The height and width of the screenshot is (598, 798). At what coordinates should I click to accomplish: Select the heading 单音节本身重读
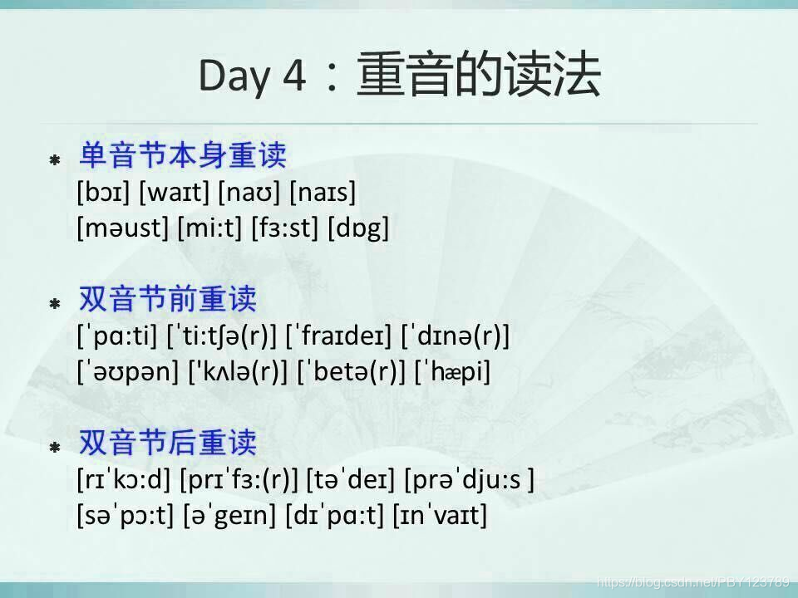click(182, 154)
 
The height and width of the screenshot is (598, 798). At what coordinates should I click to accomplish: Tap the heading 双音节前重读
click(167, 299)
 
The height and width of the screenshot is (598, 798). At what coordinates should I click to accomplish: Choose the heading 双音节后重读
click(167, 443)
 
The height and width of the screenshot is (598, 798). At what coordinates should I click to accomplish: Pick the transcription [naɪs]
click(322, 194)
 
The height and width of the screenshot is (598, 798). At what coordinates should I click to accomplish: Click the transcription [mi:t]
click(210, 228)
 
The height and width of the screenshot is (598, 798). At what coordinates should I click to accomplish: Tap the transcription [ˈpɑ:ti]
click(117, 337)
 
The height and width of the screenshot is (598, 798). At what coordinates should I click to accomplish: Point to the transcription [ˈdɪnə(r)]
click(455, 337)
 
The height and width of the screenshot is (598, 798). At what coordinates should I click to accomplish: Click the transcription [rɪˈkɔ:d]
click(123, 480)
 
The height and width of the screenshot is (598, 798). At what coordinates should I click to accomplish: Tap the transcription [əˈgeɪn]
click(229, 515)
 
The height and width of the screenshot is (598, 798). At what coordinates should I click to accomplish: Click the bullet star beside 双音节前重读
click(55, 304)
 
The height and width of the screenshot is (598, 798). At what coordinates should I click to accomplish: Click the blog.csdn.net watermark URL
click(693, 581)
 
